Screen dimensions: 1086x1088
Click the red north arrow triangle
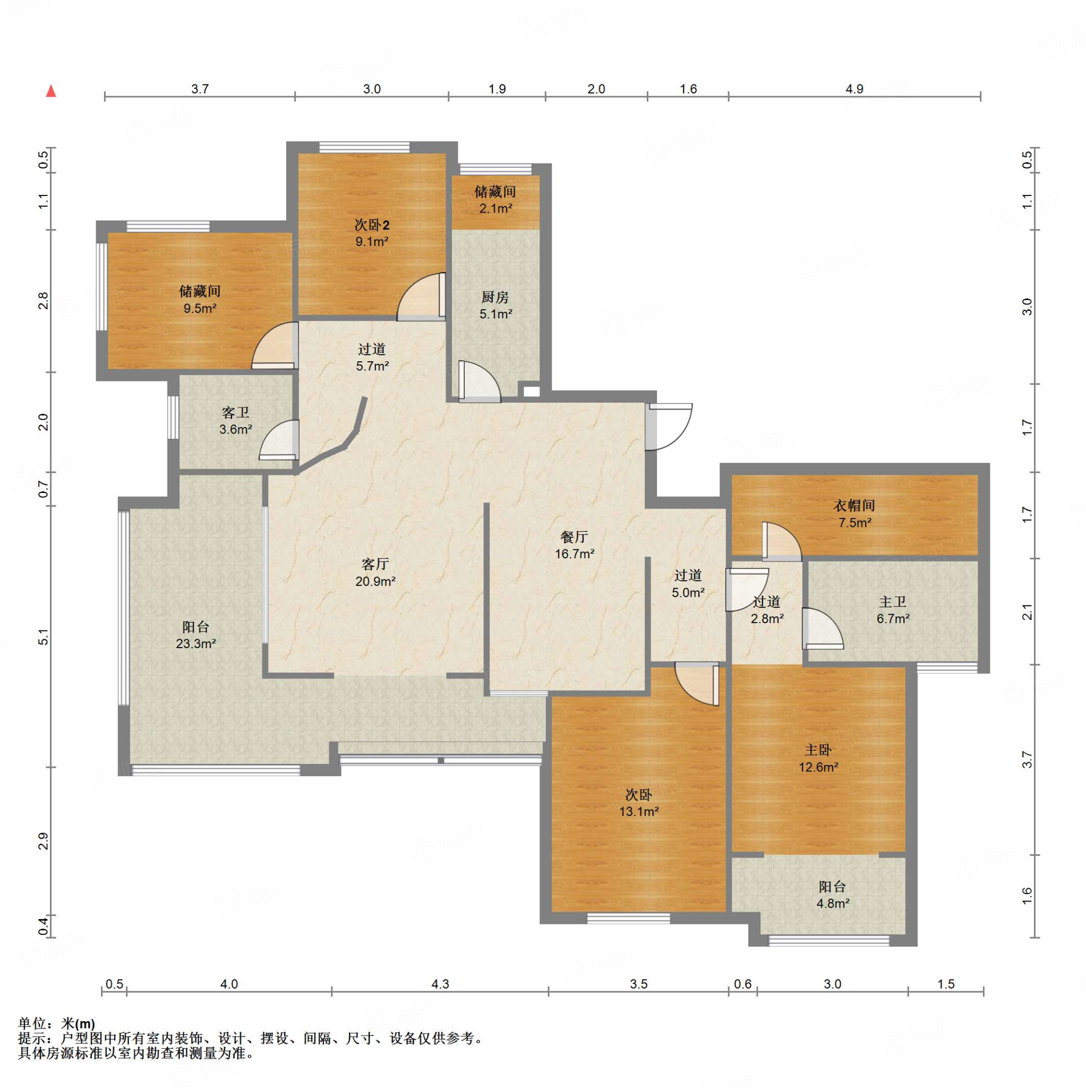(x=50, y=91)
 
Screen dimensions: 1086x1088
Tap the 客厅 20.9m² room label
(x=375, y=573)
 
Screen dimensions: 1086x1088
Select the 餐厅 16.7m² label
(x=574, y=545)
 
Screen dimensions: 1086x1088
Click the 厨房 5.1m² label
(x=495, y=305)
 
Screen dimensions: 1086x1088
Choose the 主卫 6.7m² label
(x=893, y=610)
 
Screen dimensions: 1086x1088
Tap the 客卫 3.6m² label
(x=235, y=421)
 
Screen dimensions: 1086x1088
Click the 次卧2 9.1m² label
(x=372, y=233)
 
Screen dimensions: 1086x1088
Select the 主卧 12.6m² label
(x=818, y=759)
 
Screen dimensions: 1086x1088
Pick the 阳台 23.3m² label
(x=196, y=635)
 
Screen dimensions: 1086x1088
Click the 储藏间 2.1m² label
(x=495, y=200)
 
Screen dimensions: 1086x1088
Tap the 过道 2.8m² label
(x=767, y=610)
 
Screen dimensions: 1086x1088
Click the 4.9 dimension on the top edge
(x=854, y=88)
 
